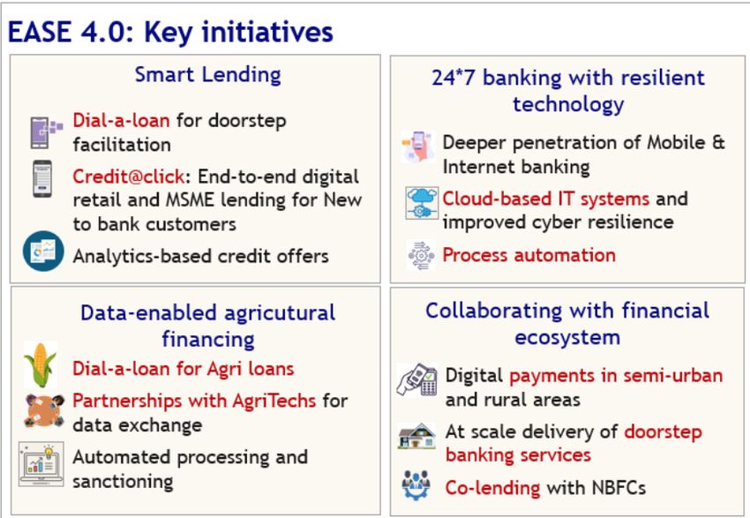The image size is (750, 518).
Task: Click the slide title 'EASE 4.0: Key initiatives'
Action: click(x=170, y=33)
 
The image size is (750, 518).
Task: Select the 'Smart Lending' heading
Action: click(x=207, y=75)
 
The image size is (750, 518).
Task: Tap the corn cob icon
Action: click(x=41, y=364)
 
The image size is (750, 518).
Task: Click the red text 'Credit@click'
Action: click(x=128, y=176)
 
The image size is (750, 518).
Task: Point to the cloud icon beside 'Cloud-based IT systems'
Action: click(x=422, y=203)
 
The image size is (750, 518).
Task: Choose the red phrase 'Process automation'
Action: click(x=529, y=255)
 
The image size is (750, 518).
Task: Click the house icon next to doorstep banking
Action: click(x=416, y=436)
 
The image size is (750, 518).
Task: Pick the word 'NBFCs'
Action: click(x=619, y=488)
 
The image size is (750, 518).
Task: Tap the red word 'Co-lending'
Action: click(x=492, y=488)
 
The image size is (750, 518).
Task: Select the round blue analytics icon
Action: click(x=43, y=251)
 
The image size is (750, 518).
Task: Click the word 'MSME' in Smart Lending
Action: click(x=190, y=200)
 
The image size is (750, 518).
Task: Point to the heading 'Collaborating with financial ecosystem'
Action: click(x=567, y=324)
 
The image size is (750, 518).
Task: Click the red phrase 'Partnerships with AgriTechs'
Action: click(x=194, y=401)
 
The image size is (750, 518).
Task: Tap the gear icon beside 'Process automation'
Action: click(x=421, y=255)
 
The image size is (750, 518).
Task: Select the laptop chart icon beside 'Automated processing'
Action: click(x=41, y=464)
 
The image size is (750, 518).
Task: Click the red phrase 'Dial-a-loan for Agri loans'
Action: click(x=184, y=369)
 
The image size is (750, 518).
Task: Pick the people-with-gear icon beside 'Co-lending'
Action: click(x=416, y=485)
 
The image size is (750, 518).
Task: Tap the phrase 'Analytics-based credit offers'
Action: click(x=201, y=257)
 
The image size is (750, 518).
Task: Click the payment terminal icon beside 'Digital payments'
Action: click(x=417, y=379)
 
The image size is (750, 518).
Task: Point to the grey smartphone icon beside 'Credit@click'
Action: click(x=42, y=179)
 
